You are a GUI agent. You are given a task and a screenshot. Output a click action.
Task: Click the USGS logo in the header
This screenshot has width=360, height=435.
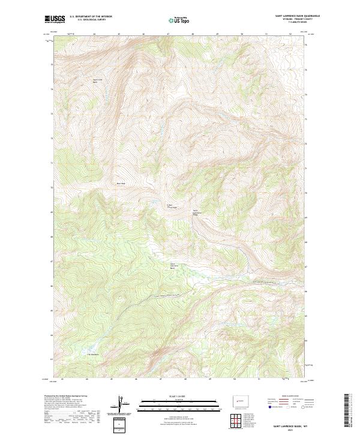click(x=55, y=19)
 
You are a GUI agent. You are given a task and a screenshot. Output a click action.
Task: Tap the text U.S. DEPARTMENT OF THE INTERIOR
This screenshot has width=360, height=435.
click(x=90, y=17)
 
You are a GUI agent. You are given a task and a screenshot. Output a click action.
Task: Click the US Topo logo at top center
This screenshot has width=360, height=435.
click(x=180, y=20)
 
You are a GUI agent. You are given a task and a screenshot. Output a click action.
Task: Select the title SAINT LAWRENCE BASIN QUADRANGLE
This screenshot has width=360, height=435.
click(x=297, y=16)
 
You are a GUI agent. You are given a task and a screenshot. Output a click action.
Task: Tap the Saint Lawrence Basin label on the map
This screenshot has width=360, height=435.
click(x=173, y=266)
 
